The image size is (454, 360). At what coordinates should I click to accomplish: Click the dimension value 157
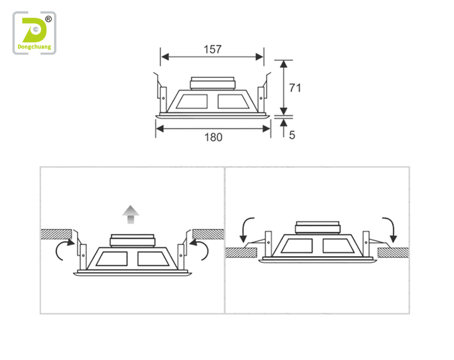pyautogui.click(x=212, y=49)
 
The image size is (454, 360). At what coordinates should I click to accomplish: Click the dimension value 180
pyautogui.click(x=213, y=137)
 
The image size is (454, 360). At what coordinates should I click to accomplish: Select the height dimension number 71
pyautogui.click(x=295, y=88)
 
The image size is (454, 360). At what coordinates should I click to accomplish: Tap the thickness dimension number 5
pyautogui.click(x=292, y=135)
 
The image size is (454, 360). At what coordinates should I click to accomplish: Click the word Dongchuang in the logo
pyautogui.click(x=35, y=47)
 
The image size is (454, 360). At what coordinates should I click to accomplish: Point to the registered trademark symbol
pyautogui.click(x=48, y=19)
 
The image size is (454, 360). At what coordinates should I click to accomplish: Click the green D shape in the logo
pyautogui.click(x=34, y=31)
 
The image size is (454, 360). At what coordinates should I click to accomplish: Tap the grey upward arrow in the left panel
pyautogui.click(x=131, y=215)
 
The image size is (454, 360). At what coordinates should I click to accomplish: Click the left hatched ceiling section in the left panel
pyautogui.click(x=56, y=235)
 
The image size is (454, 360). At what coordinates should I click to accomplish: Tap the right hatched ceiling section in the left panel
pyautogui.click(x=208, y=235)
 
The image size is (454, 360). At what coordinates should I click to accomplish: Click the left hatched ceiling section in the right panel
pyautogui.click(x=241, y=253)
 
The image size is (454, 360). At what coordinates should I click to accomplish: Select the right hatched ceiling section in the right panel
pyautogui.click(x=393, y=253)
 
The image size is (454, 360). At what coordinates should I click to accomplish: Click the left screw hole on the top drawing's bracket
pyautogui.click(x=163, y=98)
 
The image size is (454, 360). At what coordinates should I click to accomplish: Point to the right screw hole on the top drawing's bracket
pyautogui.click(x=261, y=98)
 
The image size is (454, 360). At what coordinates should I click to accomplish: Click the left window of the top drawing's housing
pyautogui.click(x=192, y=102)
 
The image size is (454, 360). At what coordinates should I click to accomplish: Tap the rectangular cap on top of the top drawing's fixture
pyautogui.click(x=212, y=83)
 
